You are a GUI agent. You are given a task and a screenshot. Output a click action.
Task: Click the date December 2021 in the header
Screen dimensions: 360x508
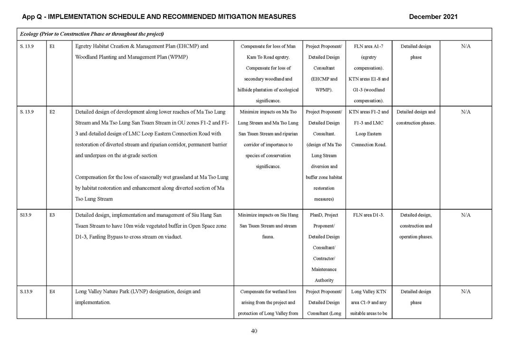click(x=433, y=17)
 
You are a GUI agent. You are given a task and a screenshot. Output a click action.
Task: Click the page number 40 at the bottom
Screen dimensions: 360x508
click(x=254, y=331)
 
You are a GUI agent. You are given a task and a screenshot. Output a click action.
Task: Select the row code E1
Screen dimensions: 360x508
click(x=52, y=47)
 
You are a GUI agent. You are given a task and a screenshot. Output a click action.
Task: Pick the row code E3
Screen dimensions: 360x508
click(x=52, y=215)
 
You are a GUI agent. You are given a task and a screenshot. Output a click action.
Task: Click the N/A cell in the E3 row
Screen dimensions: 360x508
click(x=465, y=215)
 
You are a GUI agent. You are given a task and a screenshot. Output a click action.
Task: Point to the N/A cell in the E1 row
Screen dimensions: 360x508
click(x=465, y=47)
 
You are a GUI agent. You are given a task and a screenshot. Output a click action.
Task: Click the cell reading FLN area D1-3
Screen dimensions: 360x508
click(x=368, y=215)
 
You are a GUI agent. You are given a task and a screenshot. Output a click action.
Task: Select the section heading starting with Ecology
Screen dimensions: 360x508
click(x=92, y=34)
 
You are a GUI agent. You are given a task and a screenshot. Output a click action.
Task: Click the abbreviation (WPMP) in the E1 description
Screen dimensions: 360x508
click(x=176, y=58)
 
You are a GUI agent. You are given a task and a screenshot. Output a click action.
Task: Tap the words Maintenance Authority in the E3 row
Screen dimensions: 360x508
click(x=324, y=275)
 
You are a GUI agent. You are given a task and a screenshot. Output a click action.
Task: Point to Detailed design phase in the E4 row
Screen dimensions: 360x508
click(x=415, y=297)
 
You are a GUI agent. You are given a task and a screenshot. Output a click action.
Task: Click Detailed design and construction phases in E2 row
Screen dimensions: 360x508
click(x=415, y=117)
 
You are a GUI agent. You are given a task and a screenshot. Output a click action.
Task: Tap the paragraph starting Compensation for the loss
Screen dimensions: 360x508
click(x=152, y=188)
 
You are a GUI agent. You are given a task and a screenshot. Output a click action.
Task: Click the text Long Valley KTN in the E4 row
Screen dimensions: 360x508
click(x=368, y=292)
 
